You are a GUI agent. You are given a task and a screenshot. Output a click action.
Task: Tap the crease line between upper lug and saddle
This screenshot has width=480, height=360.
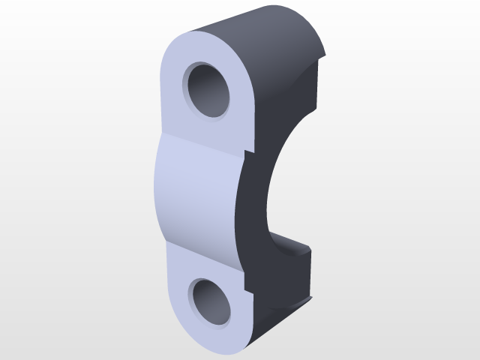[202, 139]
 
